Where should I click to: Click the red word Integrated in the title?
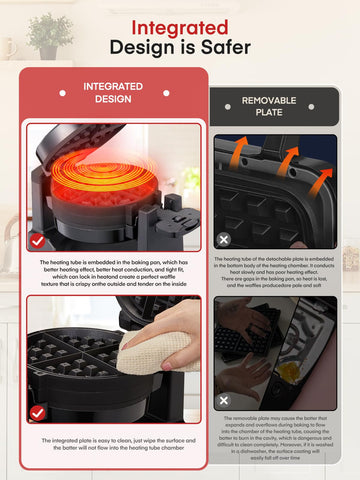click(180, 27)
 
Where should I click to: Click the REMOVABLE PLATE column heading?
click(276, 107)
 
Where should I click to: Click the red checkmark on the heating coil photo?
click(38, 240)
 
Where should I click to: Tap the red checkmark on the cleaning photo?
click(38, 412)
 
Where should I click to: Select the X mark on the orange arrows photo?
click(224, 240)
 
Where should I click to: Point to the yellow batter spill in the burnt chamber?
click(289, 373)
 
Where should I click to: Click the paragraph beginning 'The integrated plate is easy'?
click(113, 444)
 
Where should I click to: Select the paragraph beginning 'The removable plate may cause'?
click(276, 440)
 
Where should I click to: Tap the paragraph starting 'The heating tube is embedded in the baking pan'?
click(113, 275)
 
